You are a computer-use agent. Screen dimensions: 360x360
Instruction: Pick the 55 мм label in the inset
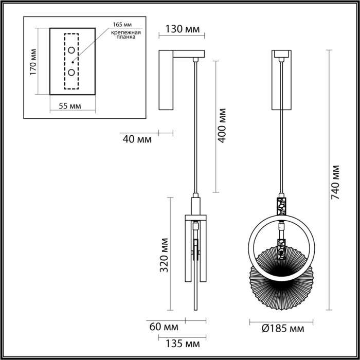click(x=69, y=106)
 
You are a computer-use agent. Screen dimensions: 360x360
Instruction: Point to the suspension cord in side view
click(x=195, y=129)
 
